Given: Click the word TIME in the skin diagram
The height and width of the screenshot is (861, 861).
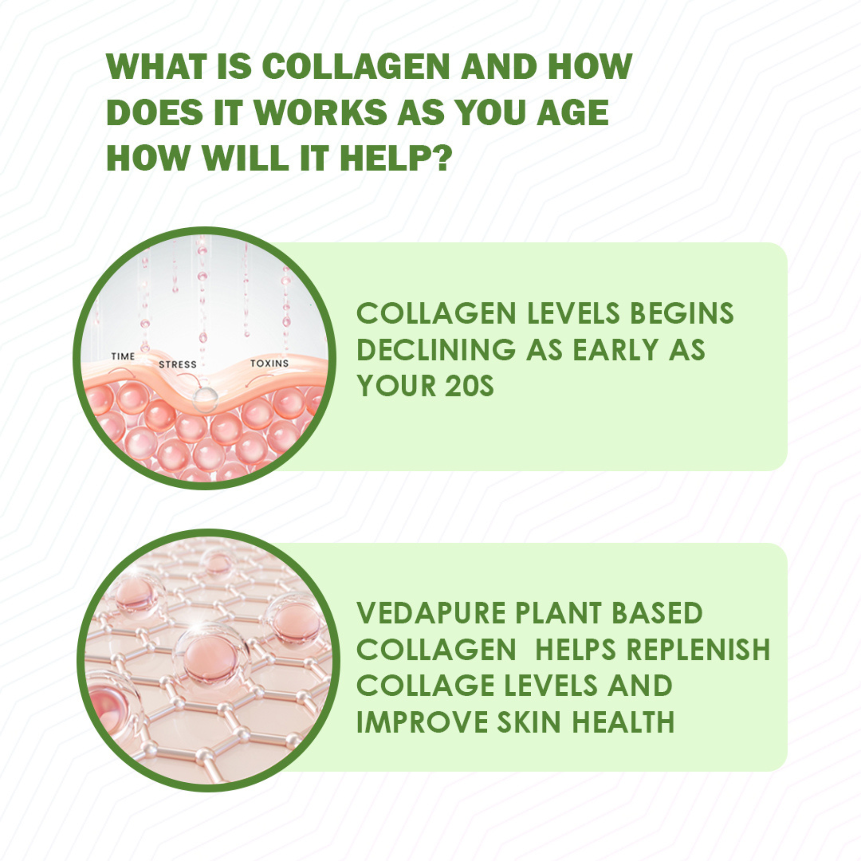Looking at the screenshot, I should pyautogui.click(x=123, y=356).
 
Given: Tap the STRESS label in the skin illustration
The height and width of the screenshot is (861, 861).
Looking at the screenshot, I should pyautogui.click(x=177, y=365).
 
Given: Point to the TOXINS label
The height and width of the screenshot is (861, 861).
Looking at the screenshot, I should pyautogui.click(x=269, y=363).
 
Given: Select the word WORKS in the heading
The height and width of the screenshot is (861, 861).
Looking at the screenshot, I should pyautogui.click(x=320, y=112).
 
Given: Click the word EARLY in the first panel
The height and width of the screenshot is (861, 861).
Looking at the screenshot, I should pyautogui.click(x=615, y=350).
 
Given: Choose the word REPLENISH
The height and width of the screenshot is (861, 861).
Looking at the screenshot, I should pyautogui.click(x=698, y=650).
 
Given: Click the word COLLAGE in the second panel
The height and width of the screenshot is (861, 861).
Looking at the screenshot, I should pyautogui.click(x=426, y=686).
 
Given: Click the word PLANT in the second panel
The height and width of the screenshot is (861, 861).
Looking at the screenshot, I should pyautogui.click(x=557, y=613).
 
